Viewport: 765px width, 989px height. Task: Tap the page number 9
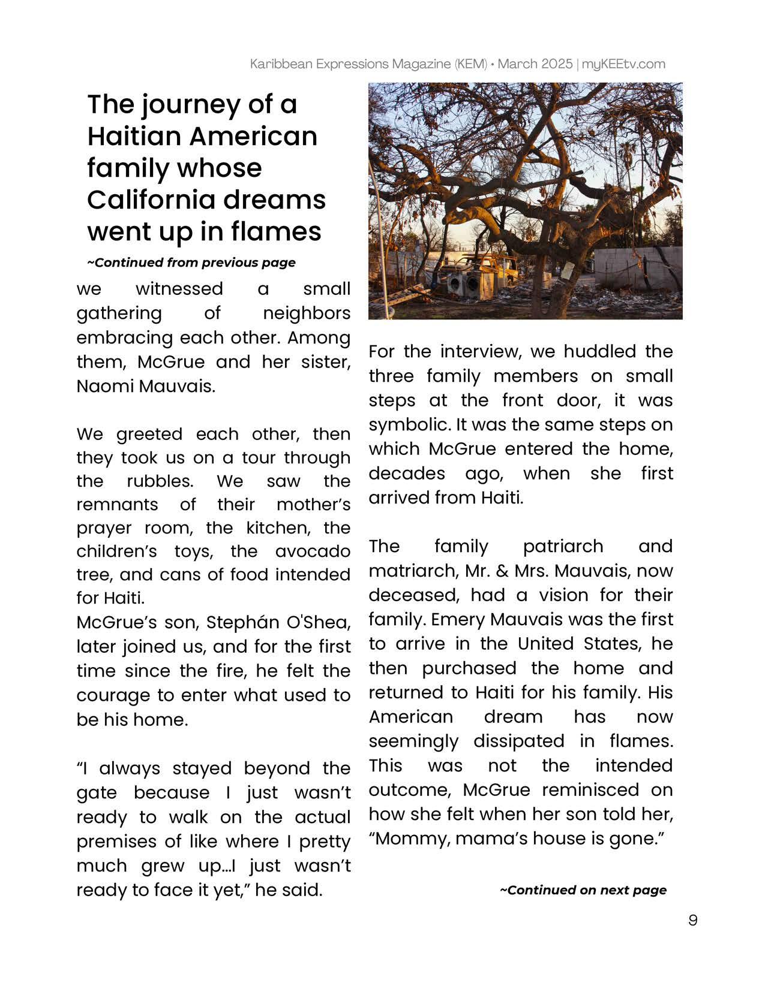point(693,920)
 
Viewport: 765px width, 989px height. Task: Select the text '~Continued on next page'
point(583,890)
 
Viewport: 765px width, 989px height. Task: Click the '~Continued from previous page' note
point(191,263)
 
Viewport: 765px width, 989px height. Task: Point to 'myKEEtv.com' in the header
point(623,64)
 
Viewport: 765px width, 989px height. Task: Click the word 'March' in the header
point(517,64)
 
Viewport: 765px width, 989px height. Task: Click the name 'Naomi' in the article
point(105,386)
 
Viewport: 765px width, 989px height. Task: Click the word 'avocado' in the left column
point(313,551)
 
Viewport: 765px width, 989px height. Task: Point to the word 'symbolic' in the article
point(409,425)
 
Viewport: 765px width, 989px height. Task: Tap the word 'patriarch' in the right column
point(563,546)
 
